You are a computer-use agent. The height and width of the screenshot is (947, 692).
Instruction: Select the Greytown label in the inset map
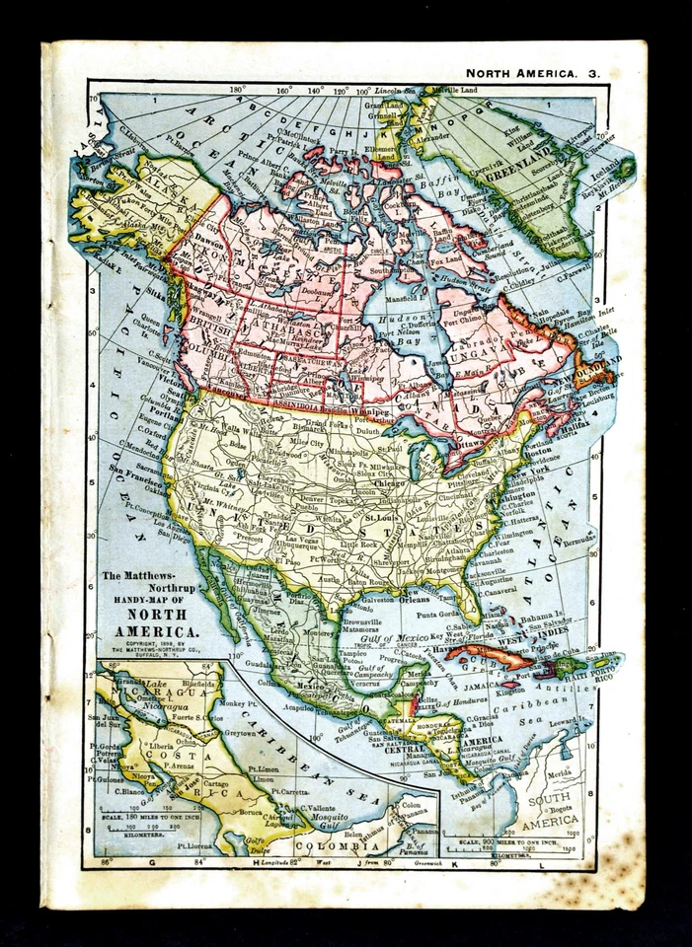pos(241,733)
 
